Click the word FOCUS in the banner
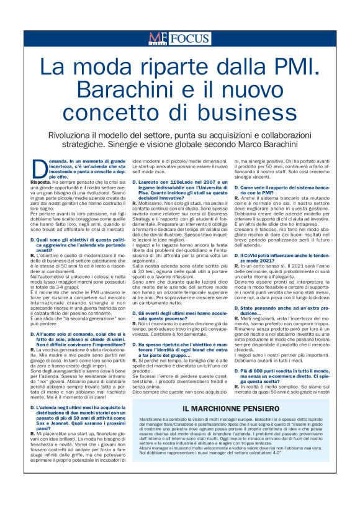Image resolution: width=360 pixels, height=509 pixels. point(190,39)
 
